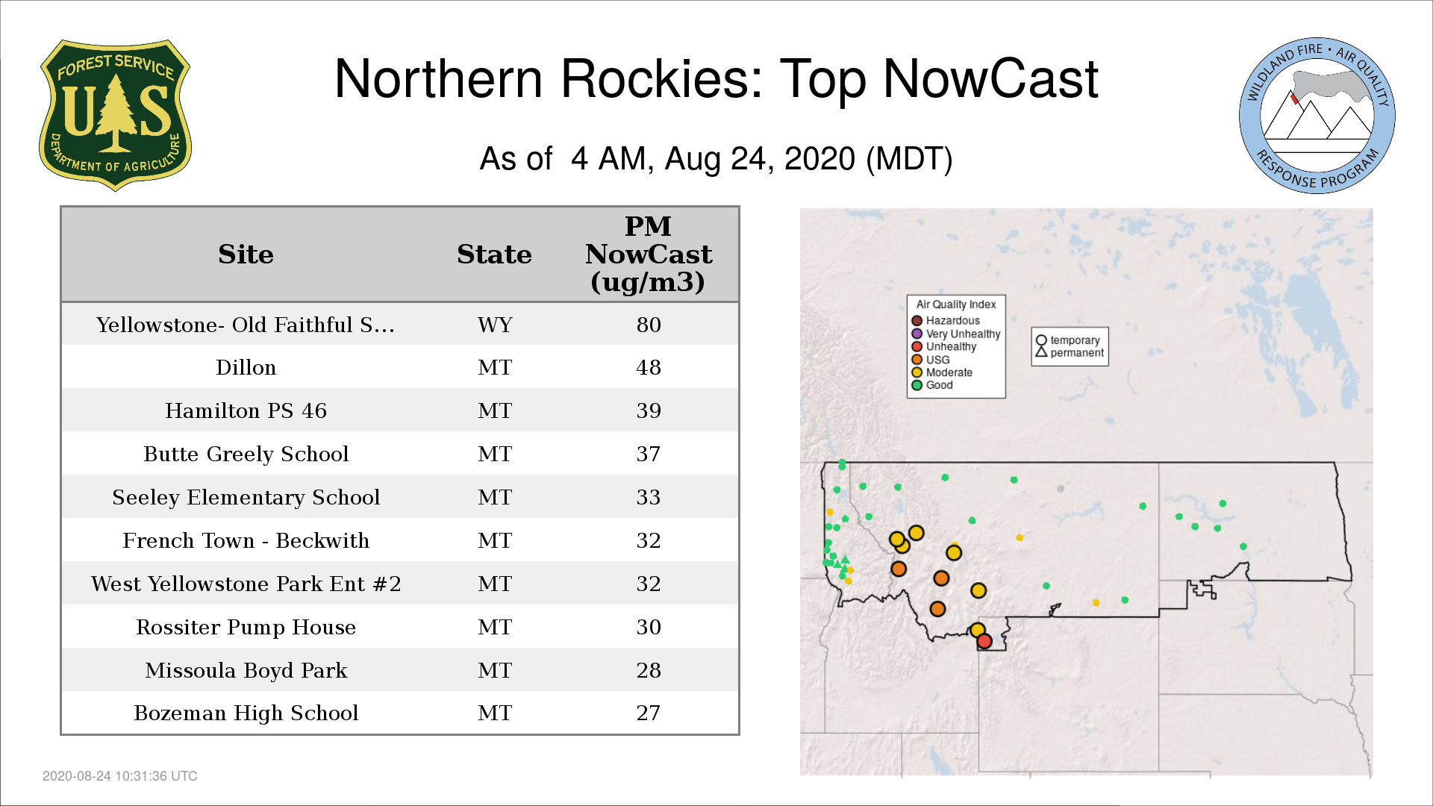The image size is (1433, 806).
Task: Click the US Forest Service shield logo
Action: coord(115,115)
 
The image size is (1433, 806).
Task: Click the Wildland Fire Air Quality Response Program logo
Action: coord(1317,116)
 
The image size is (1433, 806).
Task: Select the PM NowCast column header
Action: coord(648,254)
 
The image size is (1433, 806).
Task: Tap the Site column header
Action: coord(246,254)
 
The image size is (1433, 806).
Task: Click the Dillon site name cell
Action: coord(246,367)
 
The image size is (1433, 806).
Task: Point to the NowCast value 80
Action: coord(649,325)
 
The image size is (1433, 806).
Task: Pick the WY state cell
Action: coord(495,325)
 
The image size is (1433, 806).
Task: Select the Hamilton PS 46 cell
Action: coord(246,410)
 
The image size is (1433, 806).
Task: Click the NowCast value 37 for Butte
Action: coord(649,454)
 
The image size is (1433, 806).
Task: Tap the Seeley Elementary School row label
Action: coord(246,497)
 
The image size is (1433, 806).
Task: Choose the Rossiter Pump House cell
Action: coord(246,627)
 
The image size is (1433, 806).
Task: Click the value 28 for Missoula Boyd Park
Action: coord(649,670)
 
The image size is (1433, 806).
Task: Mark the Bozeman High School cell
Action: coord(246,713)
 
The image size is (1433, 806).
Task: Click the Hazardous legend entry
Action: coord(946,321)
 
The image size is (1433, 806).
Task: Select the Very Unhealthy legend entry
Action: coord(956,334)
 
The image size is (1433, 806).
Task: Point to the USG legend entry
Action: coord(931,360)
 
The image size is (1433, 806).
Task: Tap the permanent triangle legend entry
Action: coord(1070,352)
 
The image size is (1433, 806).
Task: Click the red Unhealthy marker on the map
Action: coord(984,641)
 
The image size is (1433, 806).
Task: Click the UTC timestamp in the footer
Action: coord(120,776)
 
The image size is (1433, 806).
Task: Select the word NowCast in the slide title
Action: coord(990,78)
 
